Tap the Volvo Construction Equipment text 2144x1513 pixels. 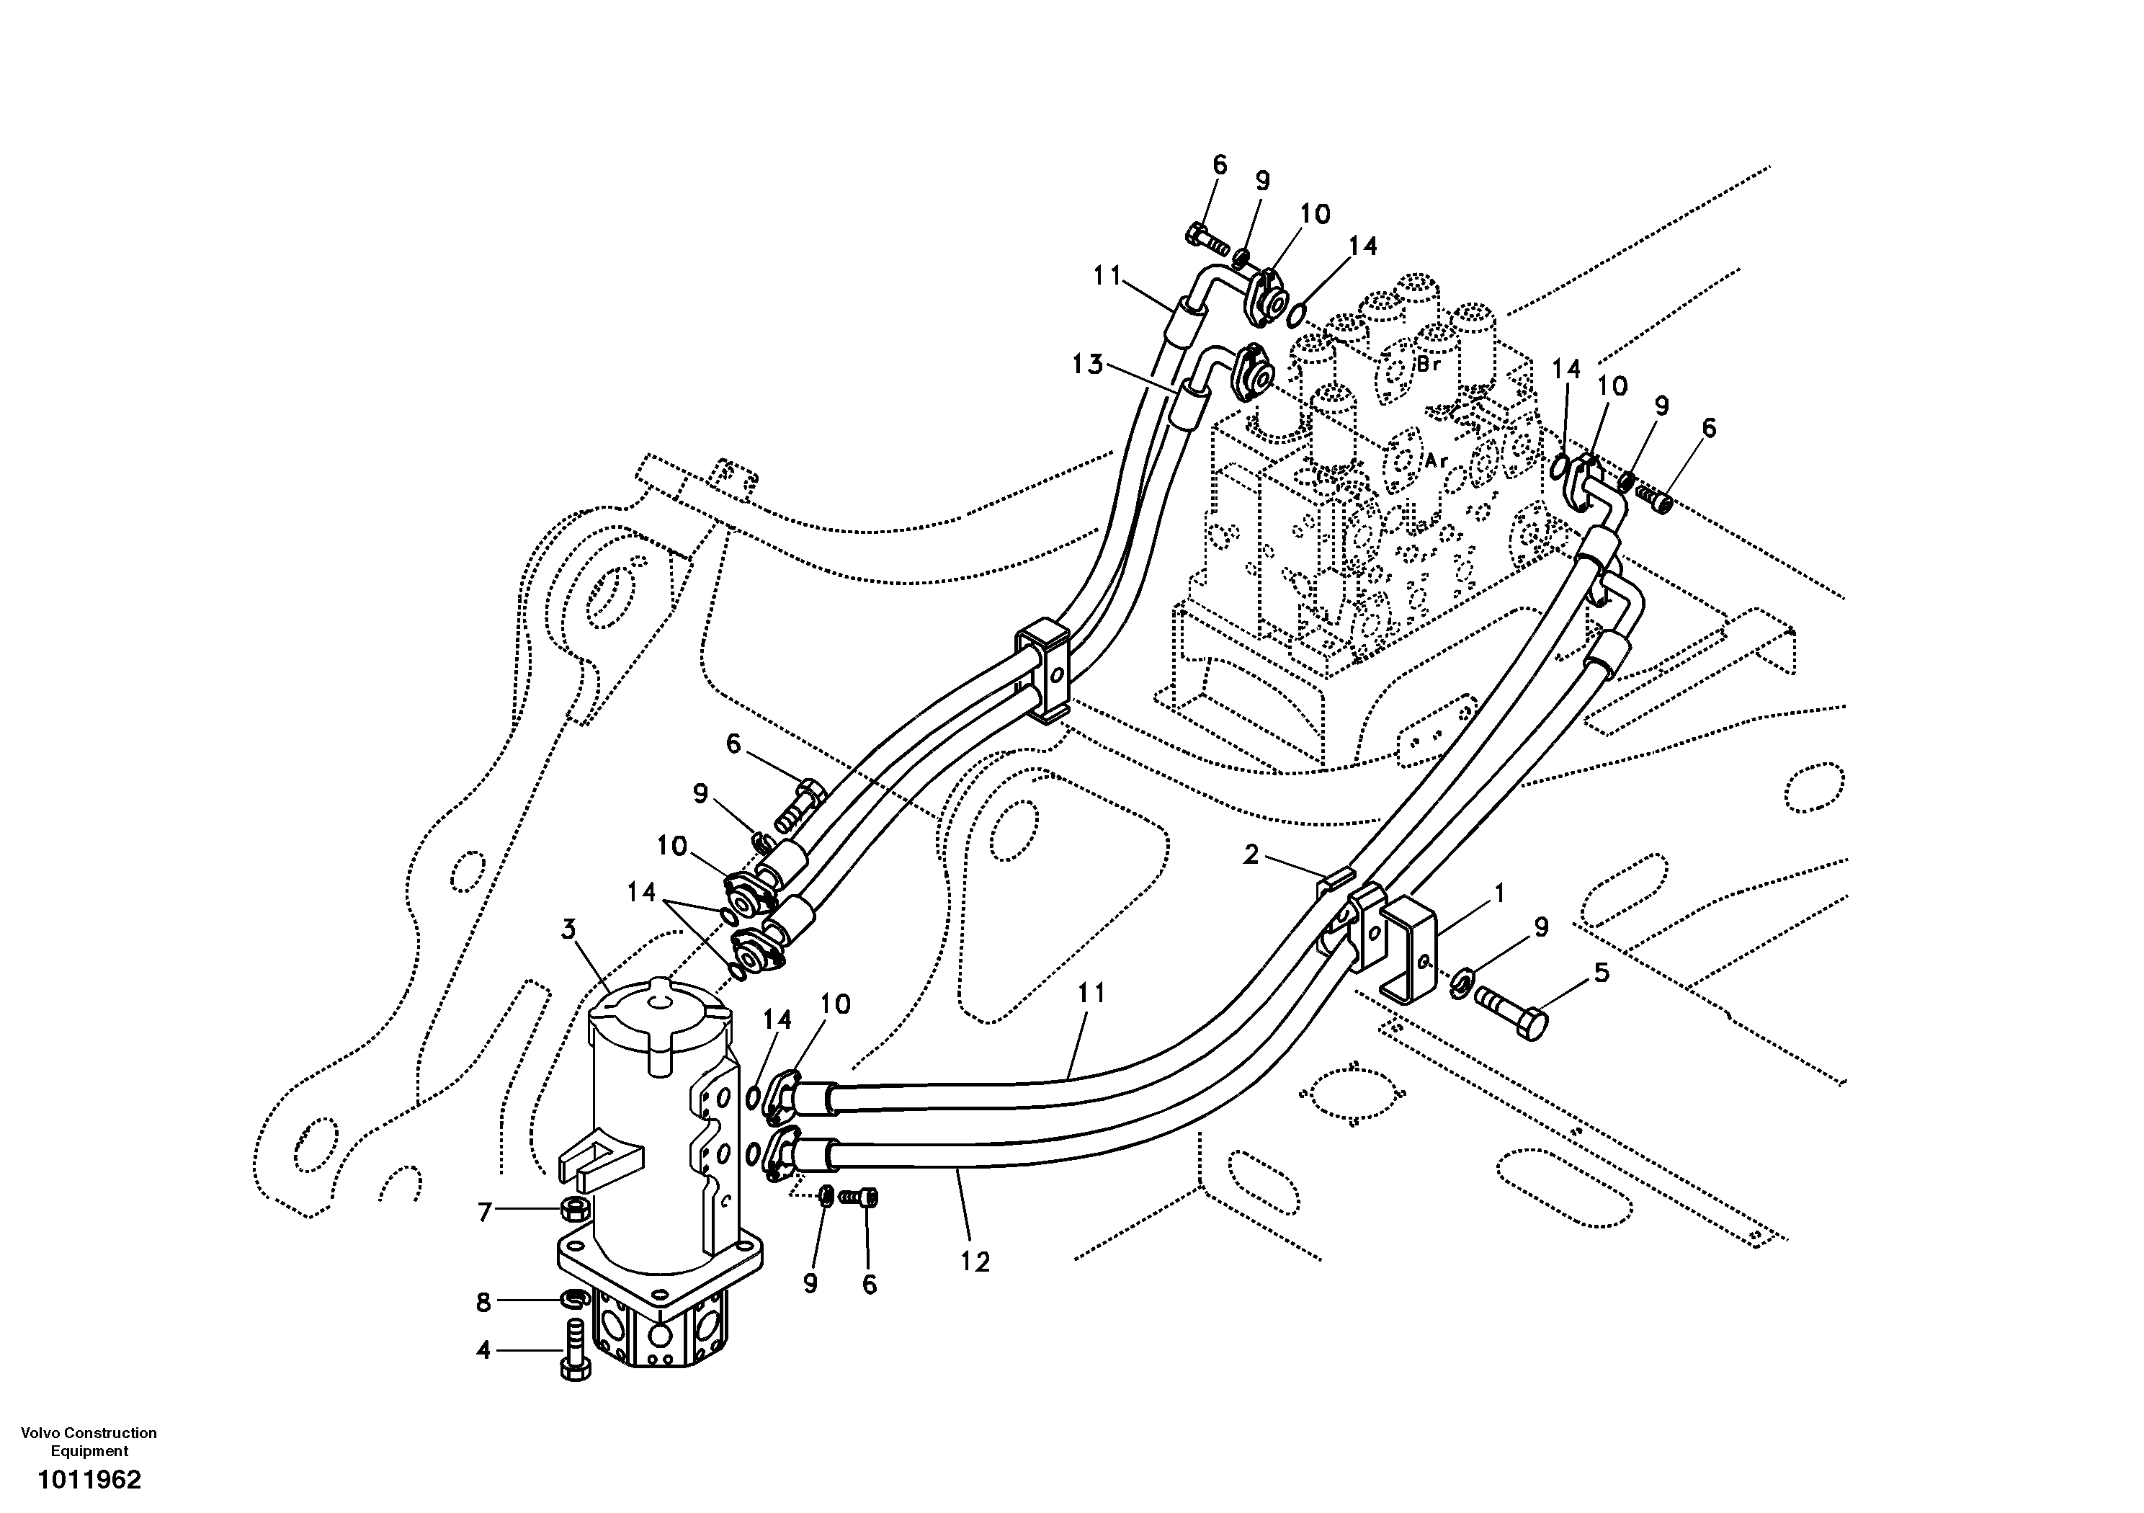[89, 1441]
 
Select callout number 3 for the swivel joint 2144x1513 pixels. [568, 929]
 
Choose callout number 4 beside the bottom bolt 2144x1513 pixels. [483, 1350]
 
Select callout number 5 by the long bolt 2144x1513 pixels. [1602, 973]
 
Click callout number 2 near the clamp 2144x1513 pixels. [1251, 854]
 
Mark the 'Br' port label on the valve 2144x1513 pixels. [1429, 365]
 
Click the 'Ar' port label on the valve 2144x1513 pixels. [1437, 460]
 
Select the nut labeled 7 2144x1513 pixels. [573, 1211]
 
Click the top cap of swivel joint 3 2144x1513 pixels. [660, 1013]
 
